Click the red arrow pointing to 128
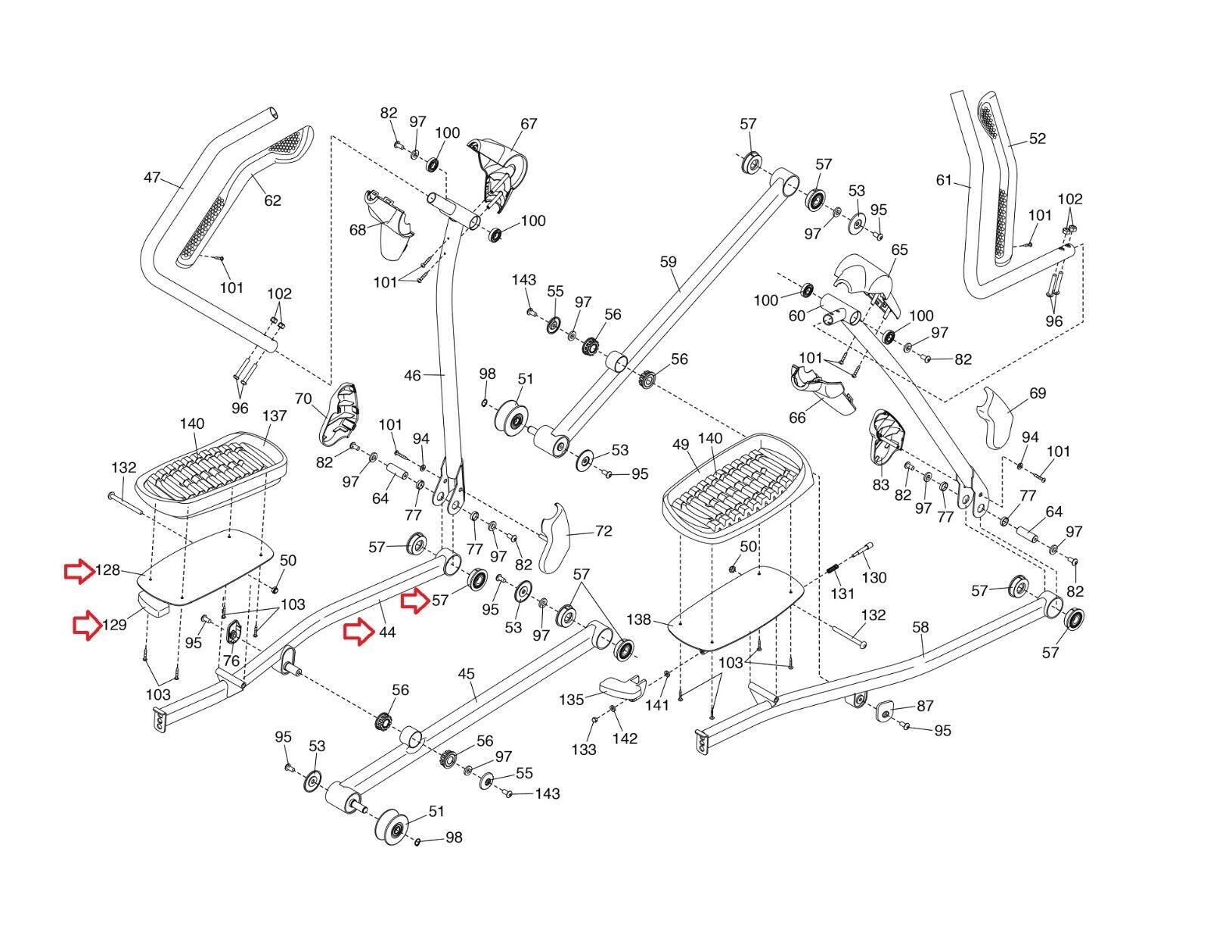[78, 572]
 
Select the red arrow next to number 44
[358, 632]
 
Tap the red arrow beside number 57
[415, 601]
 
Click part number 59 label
[668, 262]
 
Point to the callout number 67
[529, 123]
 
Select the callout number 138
[638, 620]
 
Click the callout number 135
[572, 700]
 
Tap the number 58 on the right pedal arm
[920, 627]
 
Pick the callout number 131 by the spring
[843, 594]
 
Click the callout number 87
[925, 706]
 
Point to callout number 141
[658, 705]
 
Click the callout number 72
[603, 531]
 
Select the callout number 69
[1038, 393]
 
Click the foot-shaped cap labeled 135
[620, 686]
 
